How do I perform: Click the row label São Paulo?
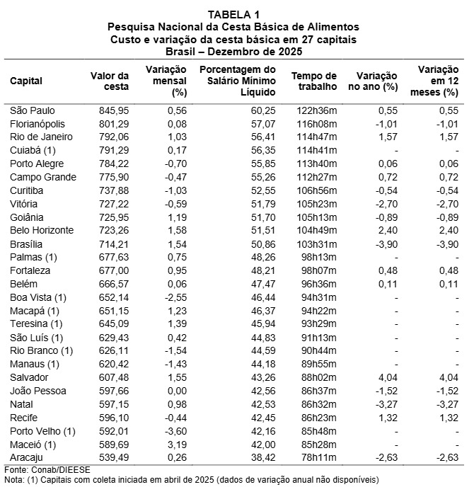click(x=33, y=111)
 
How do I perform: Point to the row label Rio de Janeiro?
click(x=39, y=136)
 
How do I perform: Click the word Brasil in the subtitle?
click(x=180, y=52)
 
